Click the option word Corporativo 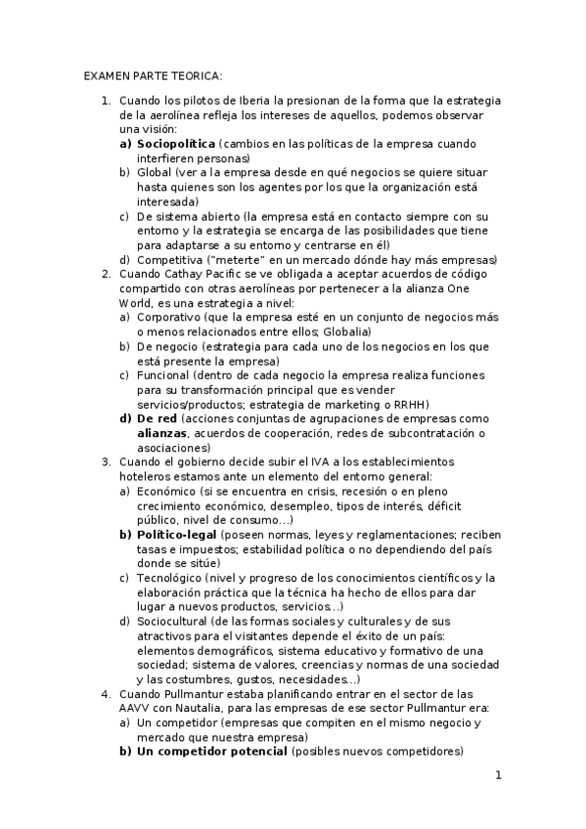pyautogui.click(x=169, y=318)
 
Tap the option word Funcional pyautogui.click(x=162, y=375)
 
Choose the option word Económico pyautogui.click(x=165, y=491)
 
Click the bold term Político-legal pyautogui.click(x=177, y=535)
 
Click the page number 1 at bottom pyautogui.click(x=498, y=776)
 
